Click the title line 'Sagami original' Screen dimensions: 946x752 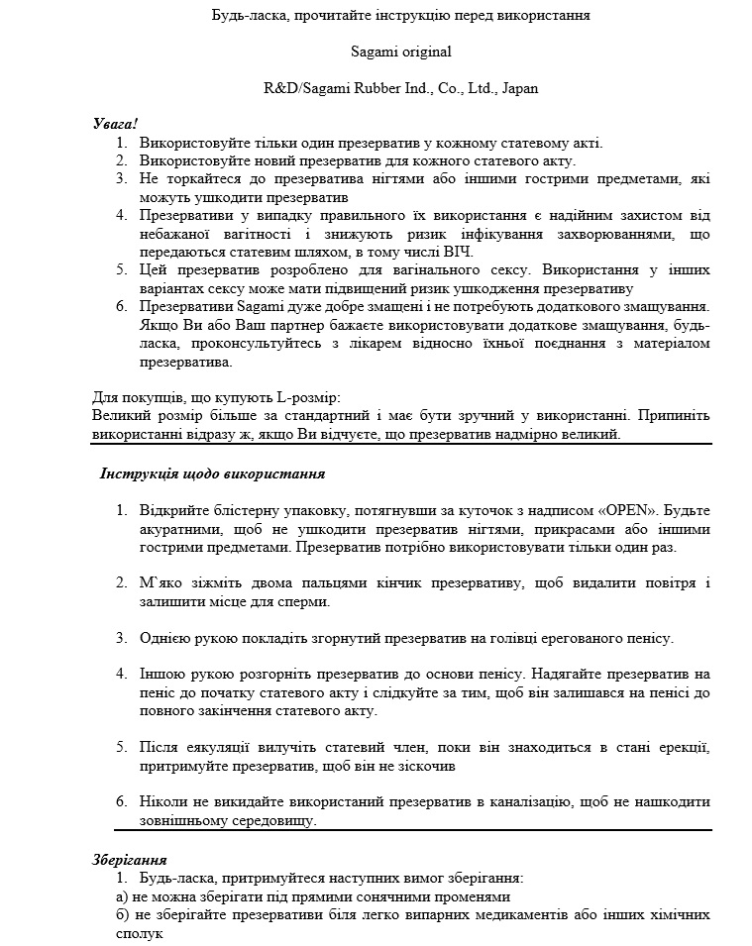coord(401,52)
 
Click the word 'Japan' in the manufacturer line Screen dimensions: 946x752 coord(520,88)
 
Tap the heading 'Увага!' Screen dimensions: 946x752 coord(115,124)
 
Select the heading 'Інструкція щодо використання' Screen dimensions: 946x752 coord(213,473)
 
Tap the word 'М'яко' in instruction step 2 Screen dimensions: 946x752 coord(160,582)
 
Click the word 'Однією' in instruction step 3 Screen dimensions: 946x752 coord(163,637)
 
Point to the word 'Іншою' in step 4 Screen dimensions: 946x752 coord(161,674)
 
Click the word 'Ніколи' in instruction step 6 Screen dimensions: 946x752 coord(162,801)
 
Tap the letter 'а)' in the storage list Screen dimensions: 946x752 coord(98,896)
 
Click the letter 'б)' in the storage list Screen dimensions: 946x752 coord(98,914)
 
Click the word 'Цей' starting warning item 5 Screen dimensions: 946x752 coord(153,269)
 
